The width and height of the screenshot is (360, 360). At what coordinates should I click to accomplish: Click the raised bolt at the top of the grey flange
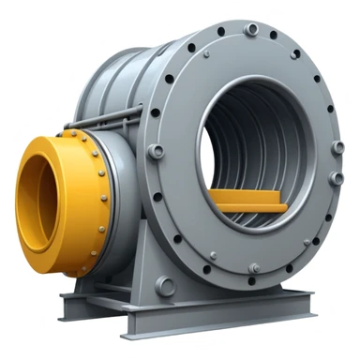click(250, 30)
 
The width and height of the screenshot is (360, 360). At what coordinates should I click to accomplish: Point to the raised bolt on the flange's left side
click(157, 151)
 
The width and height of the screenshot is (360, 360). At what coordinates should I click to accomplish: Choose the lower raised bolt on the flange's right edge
click(335, 177)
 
